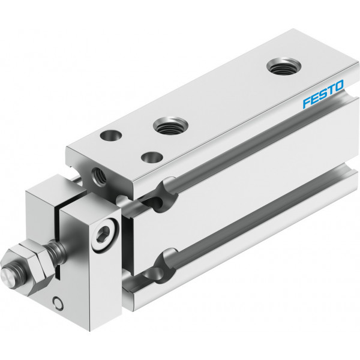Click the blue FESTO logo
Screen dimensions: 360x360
pyautogui.click(x=323, y=94)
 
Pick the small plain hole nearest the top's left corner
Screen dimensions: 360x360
pyautogui.click(x=111, y=136)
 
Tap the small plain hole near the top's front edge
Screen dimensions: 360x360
pyautogui.click(x=152, y=157)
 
